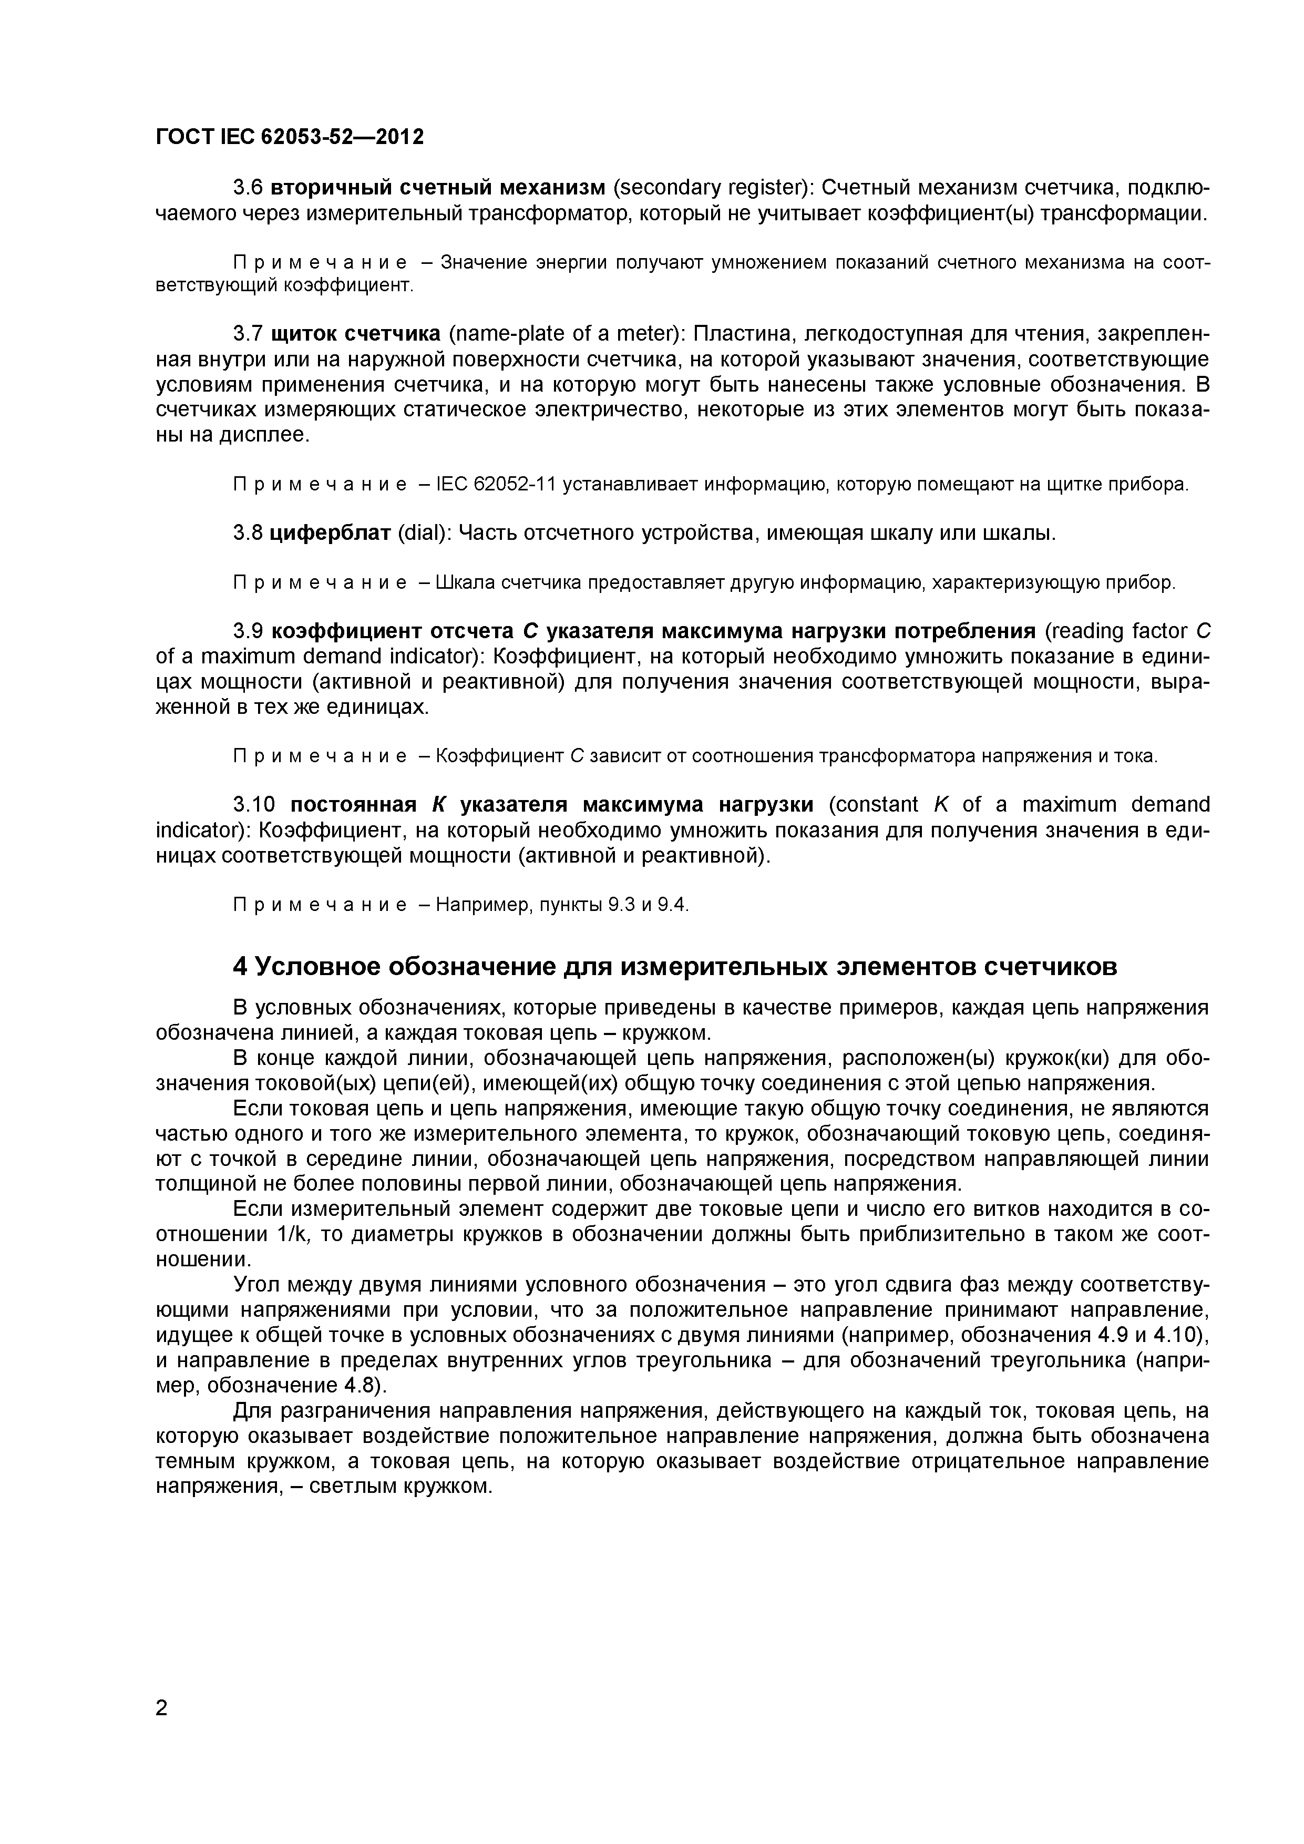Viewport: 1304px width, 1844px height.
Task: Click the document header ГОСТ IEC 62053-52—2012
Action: (x=289, y=137)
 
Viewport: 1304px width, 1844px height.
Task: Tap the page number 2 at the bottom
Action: (x=161, y=1730)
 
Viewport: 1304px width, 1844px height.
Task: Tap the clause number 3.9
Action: (x=248, y=631)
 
